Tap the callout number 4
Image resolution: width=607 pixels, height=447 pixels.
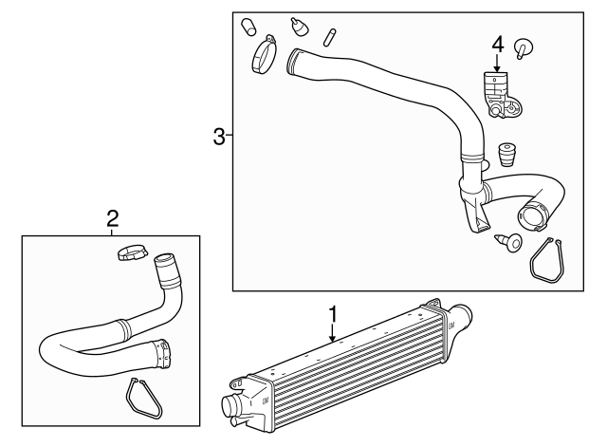496,44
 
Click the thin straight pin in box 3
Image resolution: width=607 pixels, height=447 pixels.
329,36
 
